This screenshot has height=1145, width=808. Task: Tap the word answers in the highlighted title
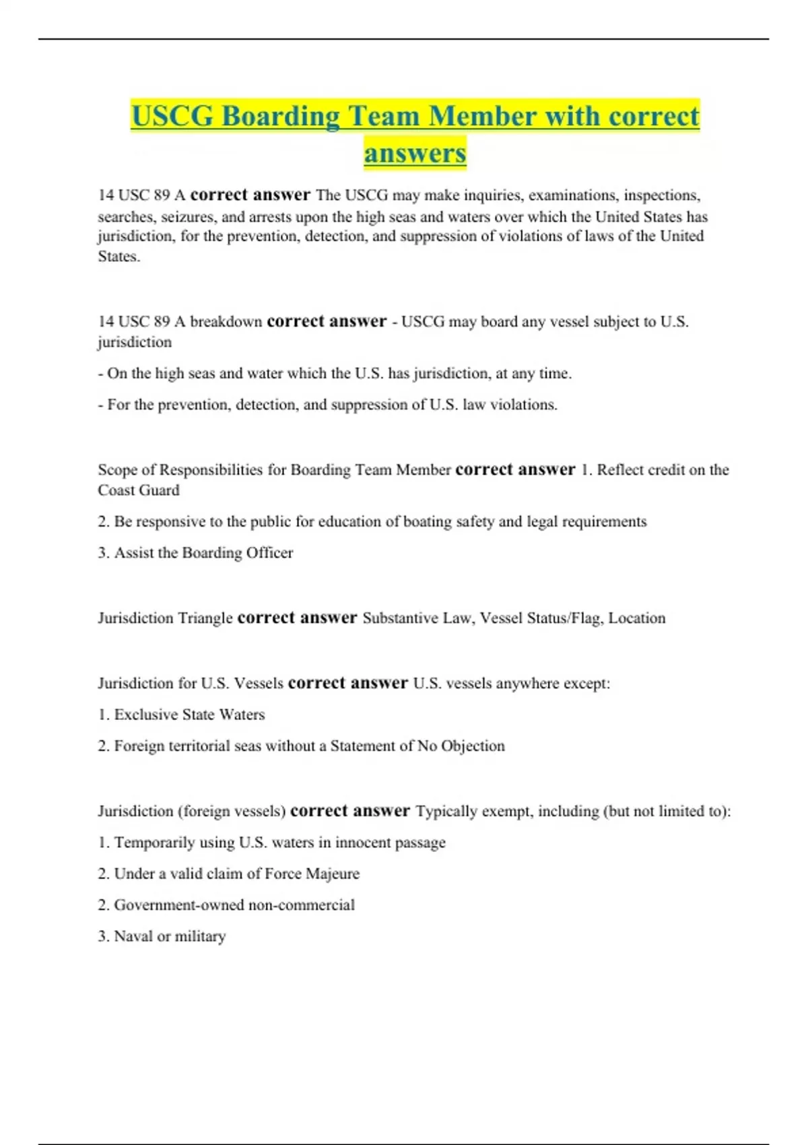(x=415, y=153)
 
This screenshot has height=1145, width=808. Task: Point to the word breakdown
(x=226, y=322)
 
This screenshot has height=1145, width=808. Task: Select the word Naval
(x=133, y=936)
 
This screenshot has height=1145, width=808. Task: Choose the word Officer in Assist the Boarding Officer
(x=270, y=553)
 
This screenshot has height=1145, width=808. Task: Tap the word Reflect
(x=619, y=470)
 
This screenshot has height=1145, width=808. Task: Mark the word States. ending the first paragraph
(x=119, y=257)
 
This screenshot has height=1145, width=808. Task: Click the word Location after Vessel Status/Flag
(x=637, y=618)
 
